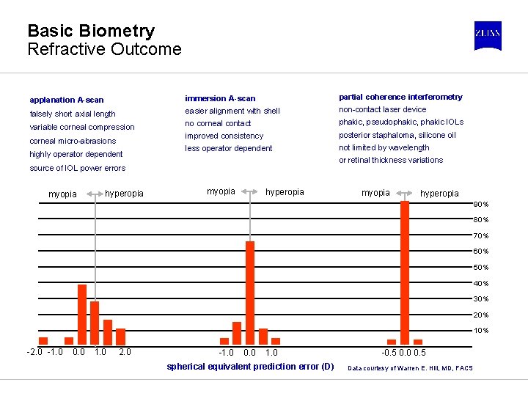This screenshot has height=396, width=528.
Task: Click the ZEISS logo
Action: click(x=488, y=35)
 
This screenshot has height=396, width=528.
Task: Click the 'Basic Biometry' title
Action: click(x=91, y=31)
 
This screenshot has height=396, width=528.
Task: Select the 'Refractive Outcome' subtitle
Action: click(x=104, y=50)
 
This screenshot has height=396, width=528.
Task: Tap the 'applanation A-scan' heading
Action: click(x=67, y=100)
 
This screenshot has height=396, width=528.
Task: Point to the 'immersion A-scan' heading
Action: click(x=220, y=98)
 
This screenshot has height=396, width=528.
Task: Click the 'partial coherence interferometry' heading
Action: click(x=400, y=97)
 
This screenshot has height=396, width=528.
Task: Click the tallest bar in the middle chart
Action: click(x=250, y=293)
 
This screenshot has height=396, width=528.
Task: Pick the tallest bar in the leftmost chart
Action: click(x=82, y=314)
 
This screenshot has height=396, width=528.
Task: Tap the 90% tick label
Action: click(x=481, y=205)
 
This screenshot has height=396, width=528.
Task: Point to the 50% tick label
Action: click(x=481, y=268)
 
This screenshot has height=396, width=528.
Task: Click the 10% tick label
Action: click(x=481, y=331)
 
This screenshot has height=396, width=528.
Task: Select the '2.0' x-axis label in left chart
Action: click(x=125, y=352)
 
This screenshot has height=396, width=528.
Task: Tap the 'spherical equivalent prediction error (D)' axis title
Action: click(x=250, y=367)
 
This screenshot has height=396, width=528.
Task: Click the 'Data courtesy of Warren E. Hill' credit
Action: click(x=410, y=367)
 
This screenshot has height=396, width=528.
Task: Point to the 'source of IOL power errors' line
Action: click(x=77, y=168)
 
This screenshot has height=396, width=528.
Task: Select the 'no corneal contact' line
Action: click(x=218, y=123)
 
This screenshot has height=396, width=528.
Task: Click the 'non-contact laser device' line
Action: click(x=382, y=109)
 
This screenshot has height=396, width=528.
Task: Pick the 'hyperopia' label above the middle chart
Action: click(x=285, y=192)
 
